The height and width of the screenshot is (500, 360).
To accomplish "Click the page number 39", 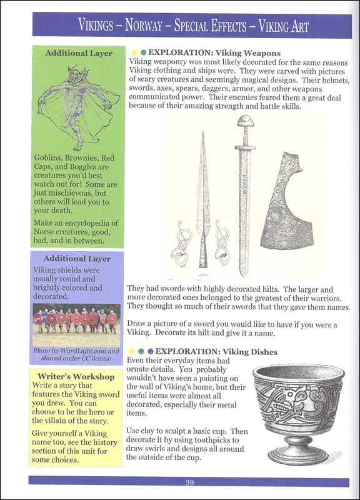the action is [189, 482].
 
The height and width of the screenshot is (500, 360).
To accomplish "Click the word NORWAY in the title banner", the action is [154, 26].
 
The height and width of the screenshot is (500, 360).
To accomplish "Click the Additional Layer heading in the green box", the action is [79, 54].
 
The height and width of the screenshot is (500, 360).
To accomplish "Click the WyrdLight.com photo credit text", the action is [76, 355].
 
